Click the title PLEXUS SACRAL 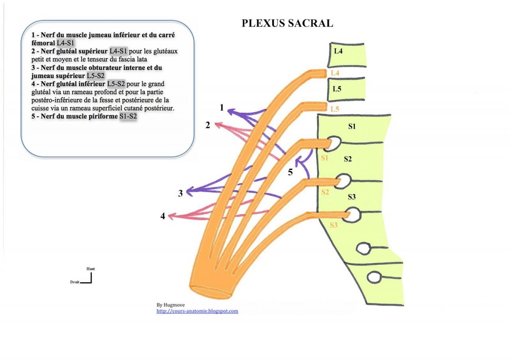coord(287,23)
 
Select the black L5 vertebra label coord(337,89)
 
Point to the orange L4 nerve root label coord(335,73)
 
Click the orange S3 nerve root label coord(334,225)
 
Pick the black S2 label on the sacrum coord(348,159)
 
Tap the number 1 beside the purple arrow coord(222,108)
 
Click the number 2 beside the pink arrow coord(208,125)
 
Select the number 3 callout coord(180,194)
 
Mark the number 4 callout coord(163,217)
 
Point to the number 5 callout coord(290,172)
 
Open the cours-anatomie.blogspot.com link coord(197,311)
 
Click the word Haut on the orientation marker coord(90,269)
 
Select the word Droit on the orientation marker coord(75,282)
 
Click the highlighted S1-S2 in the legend coord(128,117)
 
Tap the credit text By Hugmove coord(171,305)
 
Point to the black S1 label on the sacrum coord(352,127)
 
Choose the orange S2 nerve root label coord(325,192)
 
